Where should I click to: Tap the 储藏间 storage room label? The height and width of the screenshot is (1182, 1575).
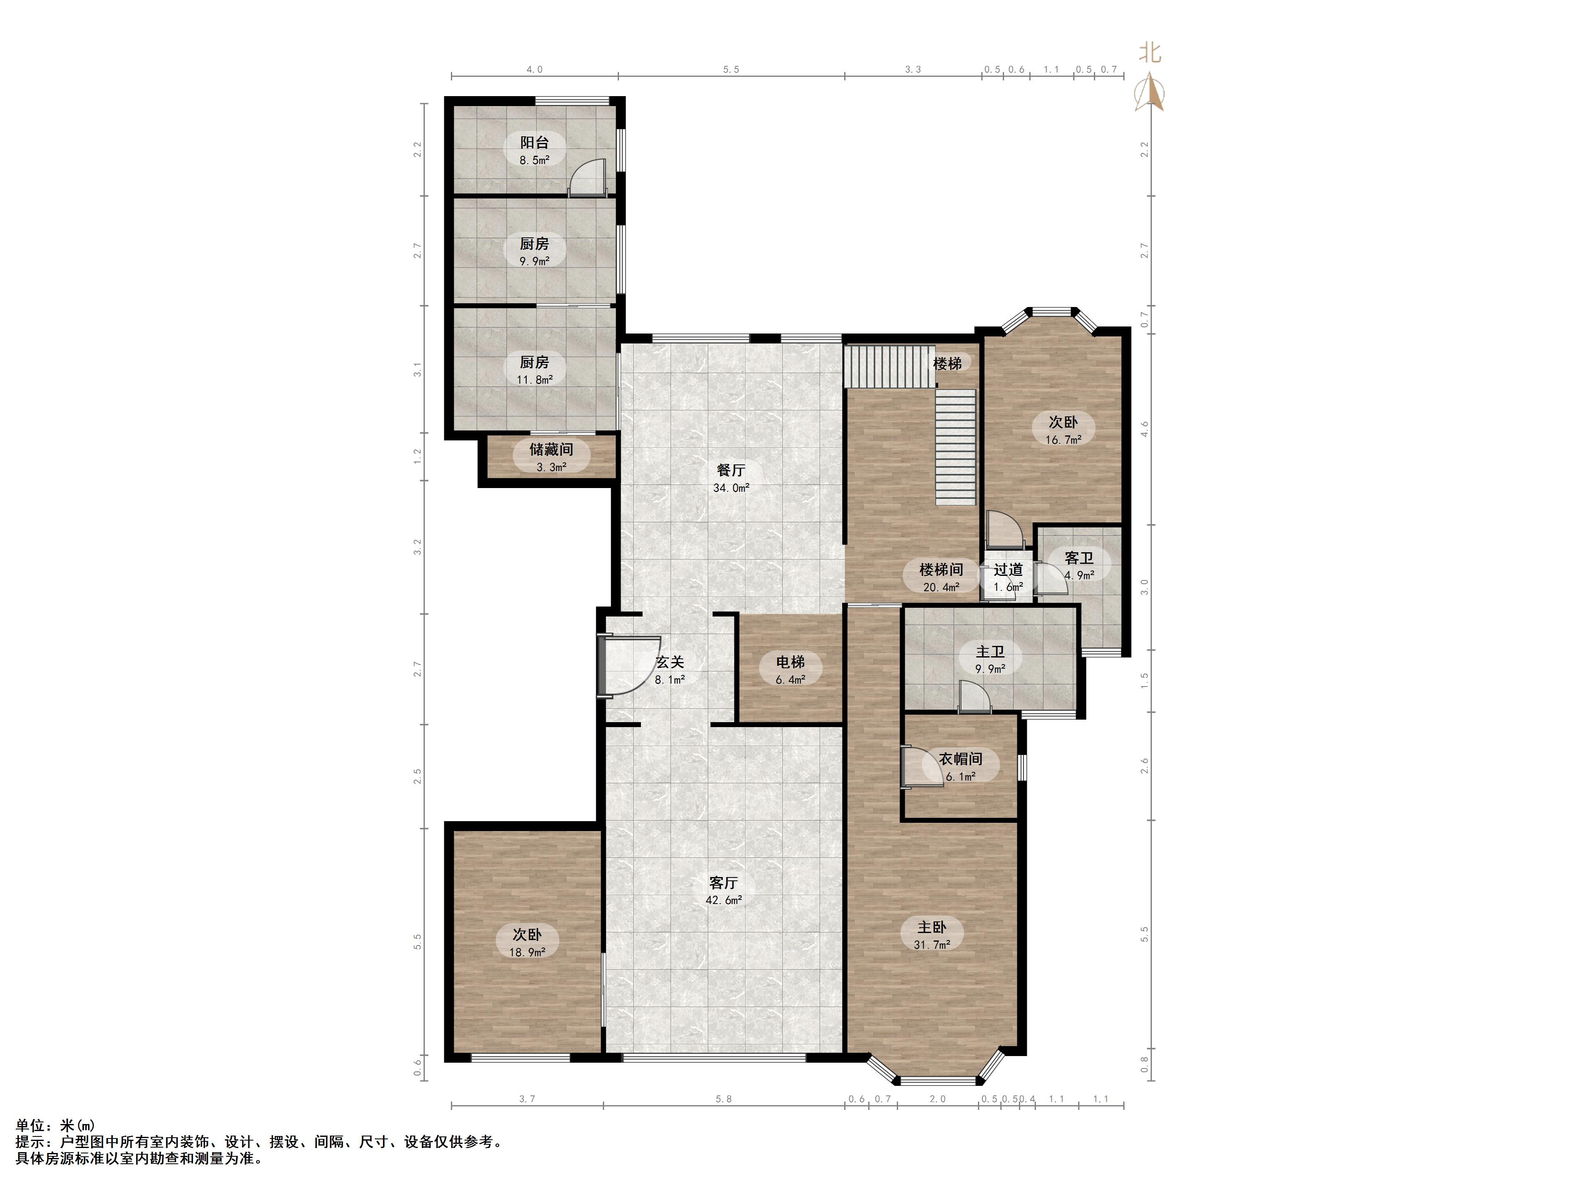coord(551,450)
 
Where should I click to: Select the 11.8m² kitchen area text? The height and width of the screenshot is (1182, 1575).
coord(535,380)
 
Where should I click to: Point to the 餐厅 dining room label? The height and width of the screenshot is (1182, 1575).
coord(731,470)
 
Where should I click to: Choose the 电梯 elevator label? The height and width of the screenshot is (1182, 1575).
coord(790,662)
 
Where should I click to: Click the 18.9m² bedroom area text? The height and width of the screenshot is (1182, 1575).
coord(527,952)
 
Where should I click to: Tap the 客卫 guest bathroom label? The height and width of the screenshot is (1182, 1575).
coord(1079,558)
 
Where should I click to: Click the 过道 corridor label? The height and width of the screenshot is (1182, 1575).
coord(1008,569)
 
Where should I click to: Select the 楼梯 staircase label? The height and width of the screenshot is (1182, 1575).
coord(948,363)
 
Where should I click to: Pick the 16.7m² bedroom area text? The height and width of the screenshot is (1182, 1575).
coord(1063,440)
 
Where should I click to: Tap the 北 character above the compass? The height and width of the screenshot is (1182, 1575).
coord(1150,53)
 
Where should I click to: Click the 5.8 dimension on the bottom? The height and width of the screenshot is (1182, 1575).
coord(723,1099)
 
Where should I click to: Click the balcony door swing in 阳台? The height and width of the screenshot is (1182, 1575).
coord(588,177)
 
